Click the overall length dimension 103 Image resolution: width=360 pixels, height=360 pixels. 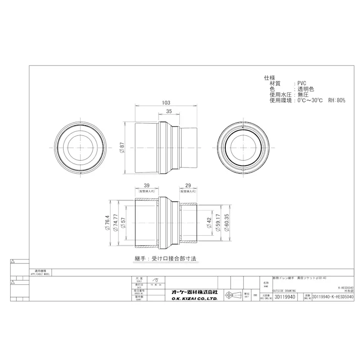165,102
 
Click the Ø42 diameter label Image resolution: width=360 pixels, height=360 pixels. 209,224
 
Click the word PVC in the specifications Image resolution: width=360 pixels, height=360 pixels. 301,83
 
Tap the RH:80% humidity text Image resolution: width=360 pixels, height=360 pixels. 337,100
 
